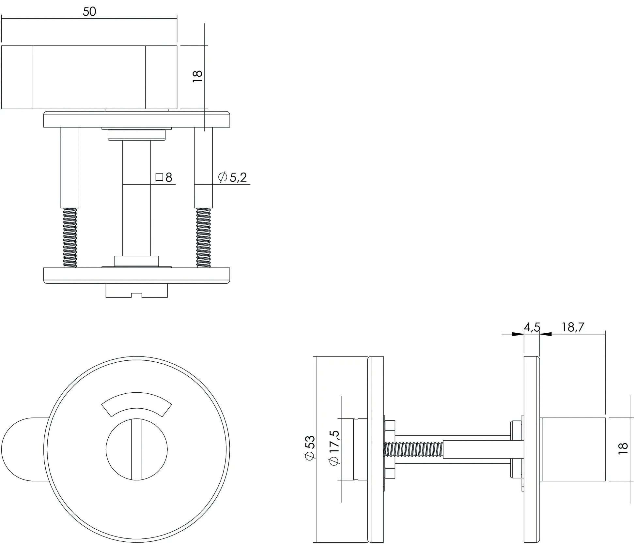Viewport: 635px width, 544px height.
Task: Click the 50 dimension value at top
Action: click(x=89, y=12)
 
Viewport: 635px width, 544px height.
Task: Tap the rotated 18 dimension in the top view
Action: click(x=198, y=76)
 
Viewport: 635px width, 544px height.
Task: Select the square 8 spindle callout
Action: click(x=164, y=177)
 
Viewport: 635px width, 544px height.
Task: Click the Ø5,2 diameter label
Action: click(x=232, y=177)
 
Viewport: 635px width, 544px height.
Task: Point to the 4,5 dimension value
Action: click(x=532, y=327)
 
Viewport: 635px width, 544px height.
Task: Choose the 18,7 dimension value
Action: click(x=573, y=327)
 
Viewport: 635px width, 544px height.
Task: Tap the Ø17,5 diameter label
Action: click(x=334, y=447)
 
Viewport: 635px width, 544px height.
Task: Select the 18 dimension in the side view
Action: click(x=622, y=446)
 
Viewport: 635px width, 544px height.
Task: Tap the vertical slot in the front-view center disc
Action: click(x=136, y=449)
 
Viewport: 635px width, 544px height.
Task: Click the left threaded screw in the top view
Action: click(x=70, y=238)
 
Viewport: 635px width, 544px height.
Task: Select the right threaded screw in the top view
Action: click(x=203, y=238)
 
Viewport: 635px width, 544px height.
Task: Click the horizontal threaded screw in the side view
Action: click(x=414, y=449)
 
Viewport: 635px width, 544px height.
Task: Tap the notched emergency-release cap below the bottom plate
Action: click(x=136, y=291)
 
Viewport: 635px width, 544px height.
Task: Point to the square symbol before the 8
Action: click(x=159, y=177)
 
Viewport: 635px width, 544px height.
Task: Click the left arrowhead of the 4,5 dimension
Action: click(x=518, y=334)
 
